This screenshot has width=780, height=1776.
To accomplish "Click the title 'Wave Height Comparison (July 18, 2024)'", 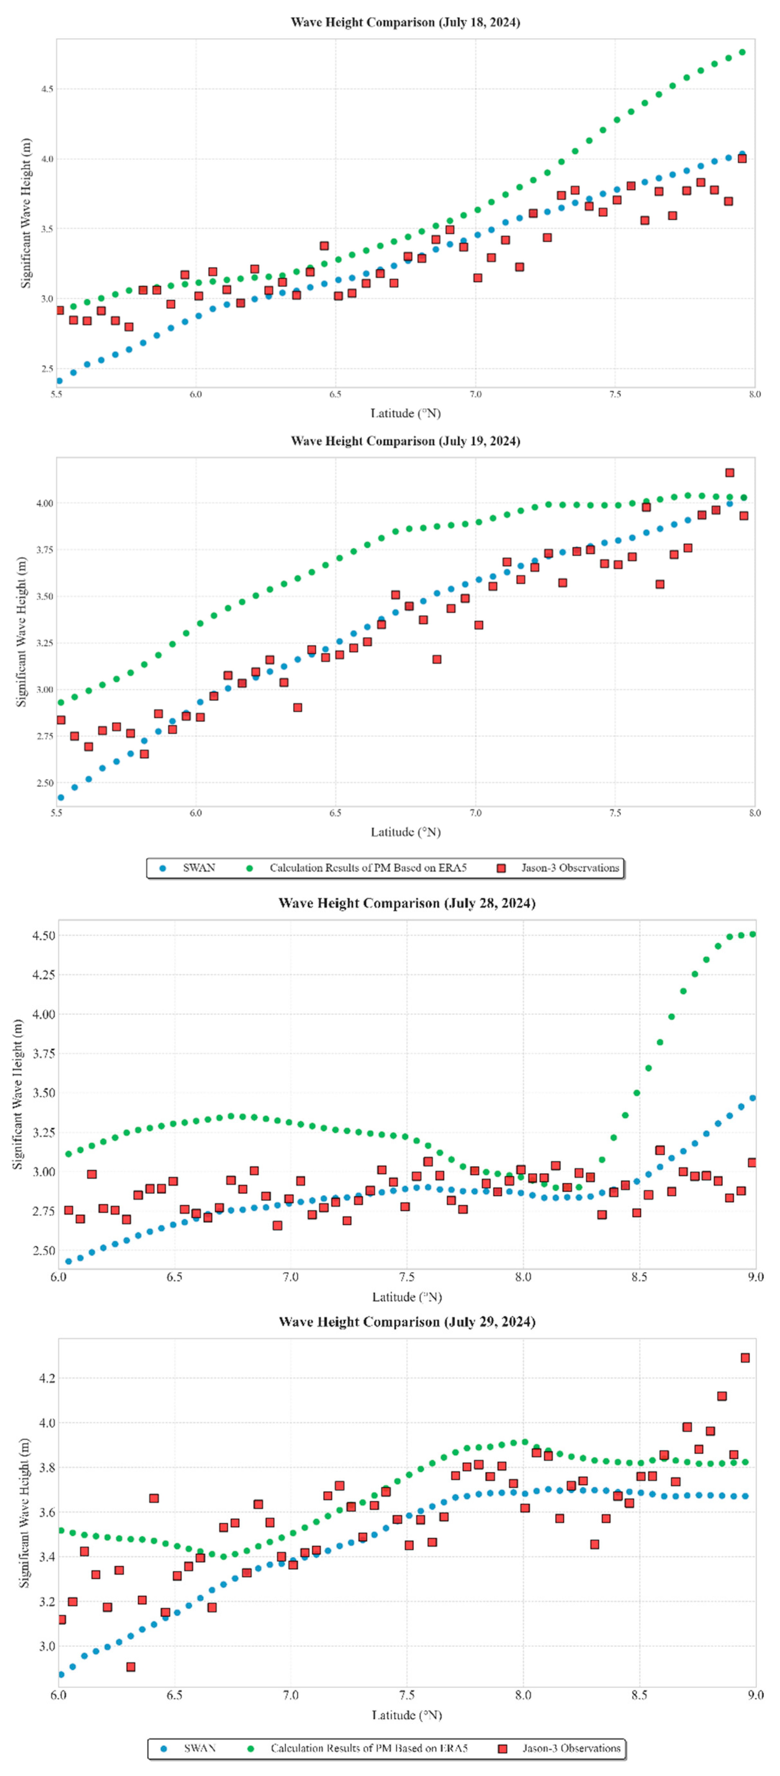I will (405, 22).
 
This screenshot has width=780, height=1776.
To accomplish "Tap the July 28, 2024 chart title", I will (407, 903).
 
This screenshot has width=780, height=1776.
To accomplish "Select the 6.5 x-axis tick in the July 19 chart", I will (336, 813).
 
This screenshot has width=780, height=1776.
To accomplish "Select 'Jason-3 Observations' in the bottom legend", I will (571, 1748).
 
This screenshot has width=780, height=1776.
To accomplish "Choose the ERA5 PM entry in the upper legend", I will (368, 868).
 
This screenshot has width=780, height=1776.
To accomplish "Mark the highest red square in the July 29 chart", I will (745, 1357).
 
